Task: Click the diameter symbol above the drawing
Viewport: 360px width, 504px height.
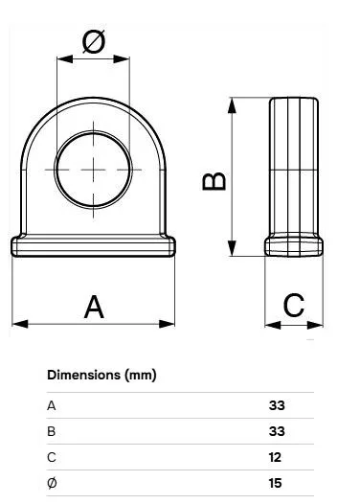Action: [94, 42]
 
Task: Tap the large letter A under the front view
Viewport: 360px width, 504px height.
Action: [94, 307]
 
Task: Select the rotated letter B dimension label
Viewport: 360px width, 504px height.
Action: [214, 181]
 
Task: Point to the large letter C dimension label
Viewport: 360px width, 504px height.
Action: [294, 305]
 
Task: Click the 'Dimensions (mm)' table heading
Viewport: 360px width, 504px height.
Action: [101, 375]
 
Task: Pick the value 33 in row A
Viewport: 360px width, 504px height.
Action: [277, 405]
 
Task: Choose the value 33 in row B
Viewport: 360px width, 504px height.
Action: [277, 431]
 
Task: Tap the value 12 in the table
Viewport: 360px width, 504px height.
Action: [275, 457]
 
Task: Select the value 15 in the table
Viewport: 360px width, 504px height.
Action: [275, 483]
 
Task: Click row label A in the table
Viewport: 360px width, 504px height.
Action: [52, 405]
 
